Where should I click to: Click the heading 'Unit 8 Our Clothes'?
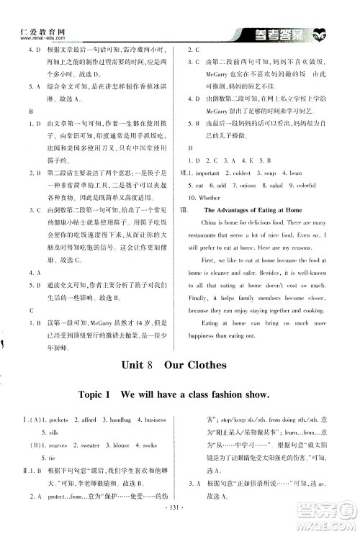[180, 365]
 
